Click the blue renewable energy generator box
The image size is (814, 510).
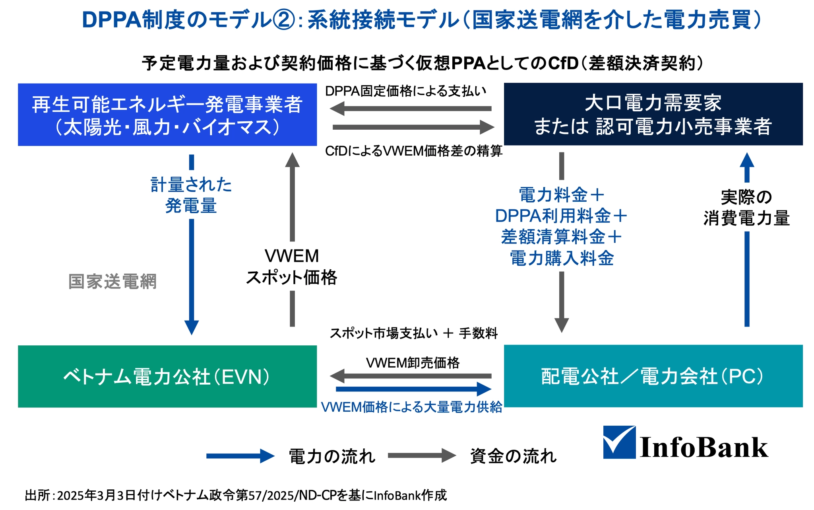[x=167, y=115]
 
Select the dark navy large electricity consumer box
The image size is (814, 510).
[x=653, y=114]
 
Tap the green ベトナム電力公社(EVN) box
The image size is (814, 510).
[x=167, y=376]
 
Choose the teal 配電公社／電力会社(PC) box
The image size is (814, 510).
[x=653, y=376]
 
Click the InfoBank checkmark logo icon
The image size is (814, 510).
[x=619, y=442]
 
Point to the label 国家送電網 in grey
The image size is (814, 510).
[x=112, y=282]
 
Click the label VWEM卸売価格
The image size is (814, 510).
[x=413, y=363]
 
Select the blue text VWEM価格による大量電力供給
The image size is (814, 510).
[x=411, y=407]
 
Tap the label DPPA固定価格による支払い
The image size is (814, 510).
[x=405, y=91]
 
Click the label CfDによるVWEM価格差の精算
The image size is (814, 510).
[x=413, y=151]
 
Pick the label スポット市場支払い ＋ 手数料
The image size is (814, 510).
[x=413, y=333]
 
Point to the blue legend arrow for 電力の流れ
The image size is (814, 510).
[x=240, y=456]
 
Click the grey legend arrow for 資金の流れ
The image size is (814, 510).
[x=422, y=456]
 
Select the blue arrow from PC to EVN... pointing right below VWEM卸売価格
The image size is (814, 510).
[x=413, y=389]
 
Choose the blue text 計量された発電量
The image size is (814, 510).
[x=191, y=195]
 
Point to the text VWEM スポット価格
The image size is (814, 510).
[x=292, y=267]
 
